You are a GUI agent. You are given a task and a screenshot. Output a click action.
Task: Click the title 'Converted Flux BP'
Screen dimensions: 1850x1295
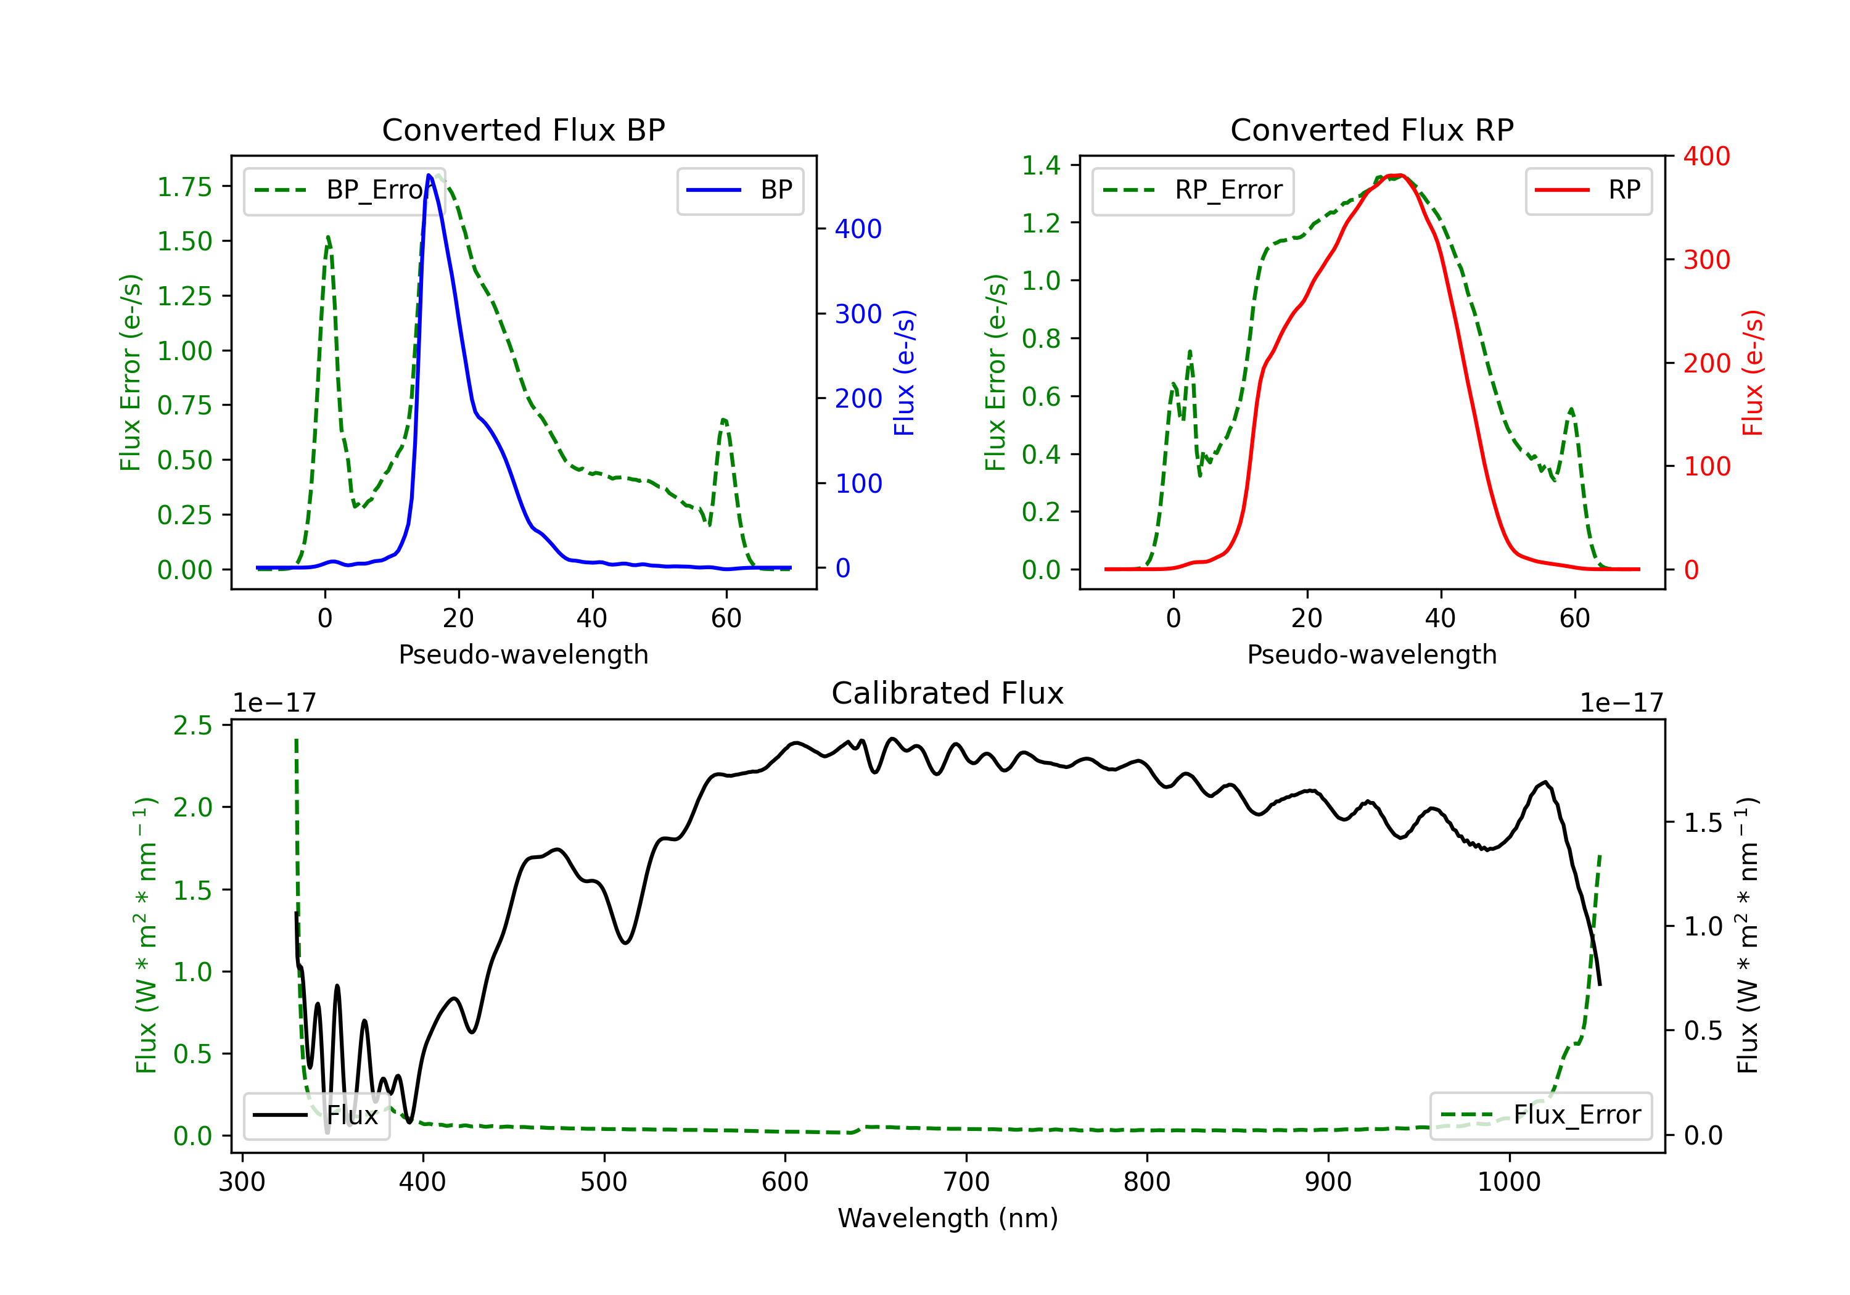[523, 129]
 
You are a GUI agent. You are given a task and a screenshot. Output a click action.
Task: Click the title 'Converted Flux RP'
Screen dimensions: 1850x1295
[1371, 129]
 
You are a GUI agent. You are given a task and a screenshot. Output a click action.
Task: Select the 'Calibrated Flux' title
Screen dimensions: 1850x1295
[948, 693]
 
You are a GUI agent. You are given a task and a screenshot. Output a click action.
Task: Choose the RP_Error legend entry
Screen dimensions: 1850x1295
[1193, 190]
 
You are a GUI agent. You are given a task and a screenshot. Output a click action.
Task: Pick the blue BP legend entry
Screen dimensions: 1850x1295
[739, 190]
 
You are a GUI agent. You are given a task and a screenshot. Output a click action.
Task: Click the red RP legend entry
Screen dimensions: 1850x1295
[1588, 190]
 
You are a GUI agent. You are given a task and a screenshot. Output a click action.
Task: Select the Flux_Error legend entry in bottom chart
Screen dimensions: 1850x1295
[1540, 1116]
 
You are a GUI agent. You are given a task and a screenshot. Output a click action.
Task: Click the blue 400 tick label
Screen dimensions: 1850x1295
[858, 229]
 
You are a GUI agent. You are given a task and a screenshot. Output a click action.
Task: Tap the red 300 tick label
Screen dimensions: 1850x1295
[1706, 260]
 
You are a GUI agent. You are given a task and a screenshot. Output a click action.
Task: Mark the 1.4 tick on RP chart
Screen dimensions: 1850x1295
[1041, 165]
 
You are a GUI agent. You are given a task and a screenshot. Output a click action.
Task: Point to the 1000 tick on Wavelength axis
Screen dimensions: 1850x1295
[1508, 1182]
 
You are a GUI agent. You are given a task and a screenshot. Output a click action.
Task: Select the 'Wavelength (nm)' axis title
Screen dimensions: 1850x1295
[948, 1219]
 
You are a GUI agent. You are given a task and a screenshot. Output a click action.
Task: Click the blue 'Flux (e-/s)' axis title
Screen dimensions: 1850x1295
[904, 372]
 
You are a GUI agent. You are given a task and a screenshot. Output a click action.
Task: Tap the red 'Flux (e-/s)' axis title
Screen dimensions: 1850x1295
[1753, 372]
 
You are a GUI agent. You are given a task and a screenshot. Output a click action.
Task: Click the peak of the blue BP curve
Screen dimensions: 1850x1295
[429, 175]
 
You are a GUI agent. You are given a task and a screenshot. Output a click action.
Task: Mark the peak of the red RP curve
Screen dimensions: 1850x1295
[1400, 175]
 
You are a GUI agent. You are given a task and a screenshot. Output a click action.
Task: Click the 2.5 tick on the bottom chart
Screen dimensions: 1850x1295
[192, 725]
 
